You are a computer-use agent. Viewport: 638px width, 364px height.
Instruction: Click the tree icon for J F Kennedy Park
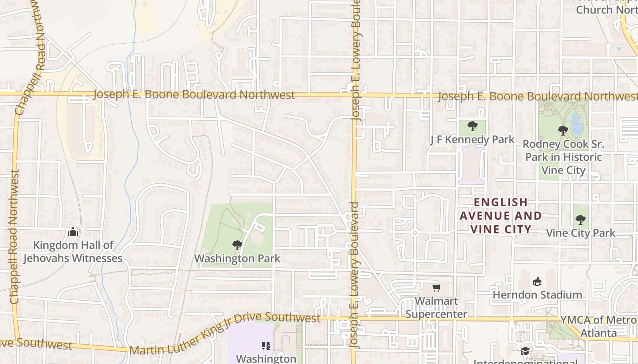pos(473,126)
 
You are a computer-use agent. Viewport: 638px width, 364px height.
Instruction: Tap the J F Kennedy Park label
pos(472,140)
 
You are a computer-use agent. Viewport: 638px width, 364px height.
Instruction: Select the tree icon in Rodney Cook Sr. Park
pos(563,131)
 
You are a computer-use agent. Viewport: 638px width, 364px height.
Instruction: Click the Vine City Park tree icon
pos(580,220)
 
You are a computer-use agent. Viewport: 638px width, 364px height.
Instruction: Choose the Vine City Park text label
pos(581,233)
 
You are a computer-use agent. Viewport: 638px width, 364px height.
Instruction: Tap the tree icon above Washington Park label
pos(237,246)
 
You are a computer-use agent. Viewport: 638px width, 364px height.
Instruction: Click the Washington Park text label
pos(237,259)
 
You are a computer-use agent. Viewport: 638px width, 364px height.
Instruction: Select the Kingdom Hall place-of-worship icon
pos(73,232)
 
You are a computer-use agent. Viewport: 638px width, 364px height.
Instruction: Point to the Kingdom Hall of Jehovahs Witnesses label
pos(73,252)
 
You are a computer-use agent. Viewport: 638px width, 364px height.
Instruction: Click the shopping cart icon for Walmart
pos(436,288)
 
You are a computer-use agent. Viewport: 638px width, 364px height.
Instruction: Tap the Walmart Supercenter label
pos(436,308)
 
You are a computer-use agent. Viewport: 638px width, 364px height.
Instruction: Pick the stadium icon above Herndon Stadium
pos(537,281)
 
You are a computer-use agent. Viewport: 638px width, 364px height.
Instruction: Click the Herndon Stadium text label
pos(537,295)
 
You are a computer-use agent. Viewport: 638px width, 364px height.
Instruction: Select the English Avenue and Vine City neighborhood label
pos(500,215)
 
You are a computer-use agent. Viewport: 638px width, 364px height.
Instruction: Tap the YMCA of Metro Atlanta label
pos(598,326)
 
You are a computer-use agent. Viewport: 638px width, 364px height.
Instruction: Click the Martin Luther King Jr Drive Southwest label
pos(225,332)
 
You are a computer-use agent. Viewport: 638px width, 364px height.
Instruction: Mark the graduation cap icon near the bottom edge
pos(525,351)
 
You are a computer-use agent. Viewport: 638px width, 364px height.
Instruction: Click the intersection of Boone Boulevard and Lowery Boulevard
pos(354,95)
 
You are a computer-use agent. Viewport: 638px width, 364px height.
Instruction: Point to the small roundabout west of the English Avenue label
pos(414,233)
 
